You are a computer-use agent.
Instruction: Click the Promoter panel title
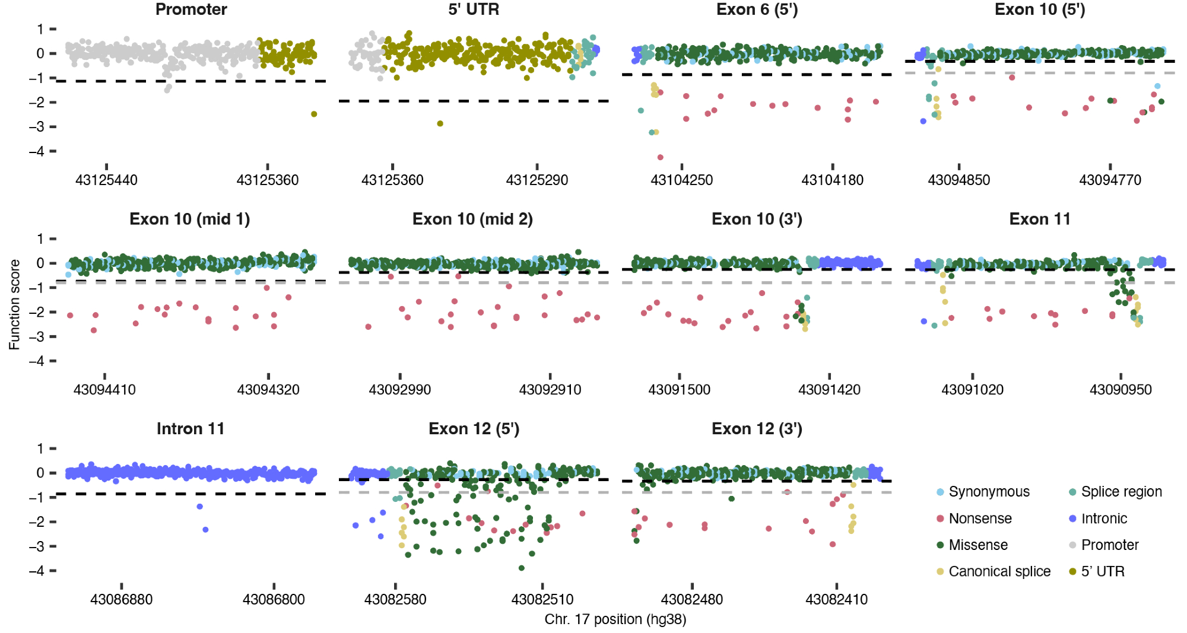pos(191,9)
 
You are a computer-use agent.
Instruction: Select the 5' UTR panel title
pos(474,9)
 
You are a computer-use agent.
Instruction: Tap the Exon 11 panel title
pos(1040,220)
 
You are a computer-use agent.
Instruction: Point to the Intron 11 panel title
pos(191,429)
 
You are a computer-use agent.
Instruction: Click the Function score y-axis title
pos(15,304)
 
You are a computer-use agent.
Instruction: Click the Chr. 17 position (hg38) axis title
pos(615,619)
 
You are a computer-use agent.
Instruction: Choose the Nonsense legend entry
pos(980,519)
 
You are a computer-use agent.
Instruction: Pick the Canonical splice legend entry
pos(999,571)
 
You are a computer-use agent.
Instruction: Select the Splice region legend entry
pos(1121,492)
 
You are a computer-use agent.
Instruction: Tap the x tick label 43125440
pos(106,180)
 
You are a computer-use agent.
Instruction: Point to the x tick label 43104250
pos(681,180)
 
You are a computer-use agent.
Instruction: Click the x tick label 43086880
pos(121,600)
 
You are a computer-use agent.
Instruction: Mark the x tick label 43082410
pos(836,600)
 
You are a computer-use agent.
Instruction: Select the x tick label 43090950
pos(1121,390)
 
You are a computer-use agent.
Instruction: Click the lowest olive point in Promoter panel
pos(314,114)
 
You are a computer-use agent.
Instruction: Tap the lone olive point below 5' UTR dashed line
pos(440,123)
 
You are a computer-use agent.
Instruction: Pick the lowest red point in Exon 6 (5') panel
pos(660,157)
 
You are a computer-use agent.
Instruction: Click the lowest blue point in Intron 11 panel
pos(205,530)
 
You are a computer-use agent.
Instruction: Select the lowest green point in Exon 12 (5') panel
pos(522,568)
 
